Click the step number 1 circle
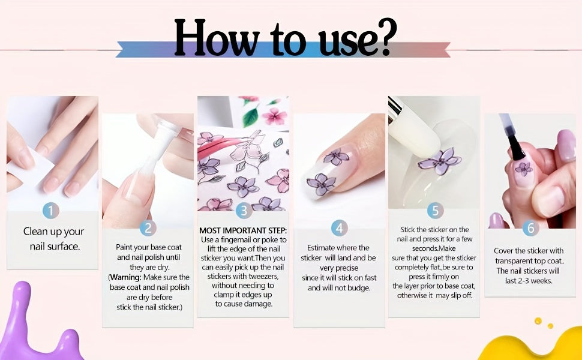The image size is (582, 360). click(x=51, y=211)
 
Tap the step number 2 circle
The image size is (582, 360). click(x=148, y=228)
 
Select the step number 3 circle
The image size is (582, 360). click(x=244, y=211)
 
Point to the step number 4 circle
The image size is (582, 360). click(x=339, y=228)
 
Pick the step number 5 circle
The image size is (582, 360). click(x=435, y=211)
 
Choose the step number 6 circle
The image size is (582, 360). click(x=531, y=228)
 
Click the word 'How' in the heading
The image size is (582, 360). click(x=217, y=38)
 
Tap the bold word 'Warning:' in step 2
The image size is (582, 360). click(x=126, y=277)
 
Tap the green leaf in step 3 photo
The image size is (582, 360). click(x=251, y=116)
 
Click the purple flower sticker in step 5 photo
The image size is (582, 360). click(x=440, y=161)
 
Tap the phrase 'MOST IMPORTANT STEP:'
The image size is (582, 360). click(x=243, y=230)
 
